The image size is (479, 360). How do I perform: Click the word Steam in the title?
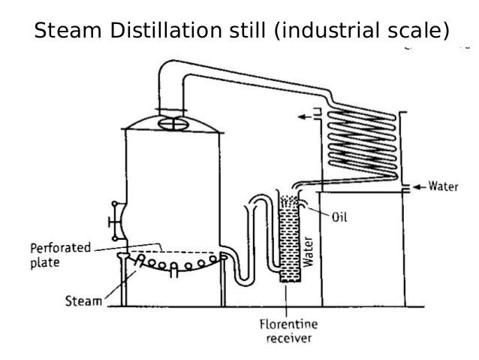[x=66, y=32]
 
